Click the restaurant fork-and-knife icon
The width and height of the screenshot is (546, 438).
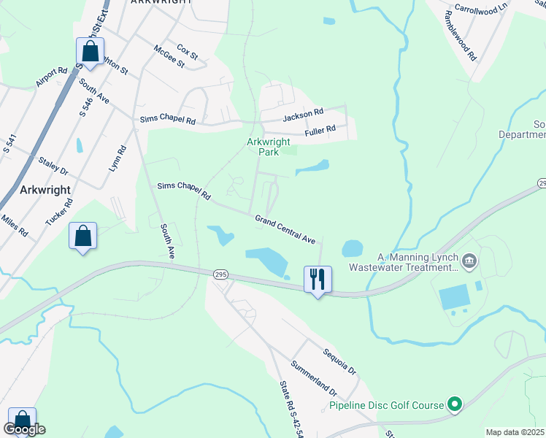pyautogui.click(x=318, y=278)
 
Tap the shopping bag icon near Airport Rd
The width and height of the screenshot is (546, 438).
pyautogui.click(x=91, y=52)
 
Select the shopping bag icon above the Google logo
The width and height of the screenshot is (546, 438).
pyautogui.click(x=22, y=420)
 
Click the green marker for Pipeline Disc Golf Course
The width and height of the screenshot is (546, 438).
pyautogui.click(x=455, y=404)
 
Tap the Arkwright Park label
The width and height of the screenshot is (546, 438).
pyautogui.click(x=268, y=147)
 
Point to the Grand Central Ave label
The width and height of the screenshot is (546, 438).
pyautogui.click(x=285, y=229)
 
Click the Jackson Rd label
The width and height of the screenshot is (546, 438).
pyautogui.click(x=303, y=114)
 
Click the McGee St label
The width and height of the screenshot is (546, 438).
pyautogui.click(x=169, y=57)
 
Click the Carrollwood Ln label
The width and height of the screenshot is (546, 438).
pyautogui.click(x=480, y=8)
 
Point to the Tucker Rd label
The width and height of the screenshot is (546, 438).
pyautogui.click(x=59, y=211)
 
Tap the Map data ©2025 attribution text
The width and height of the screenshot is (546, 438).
pyautogui.click(x=514, y=432)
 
